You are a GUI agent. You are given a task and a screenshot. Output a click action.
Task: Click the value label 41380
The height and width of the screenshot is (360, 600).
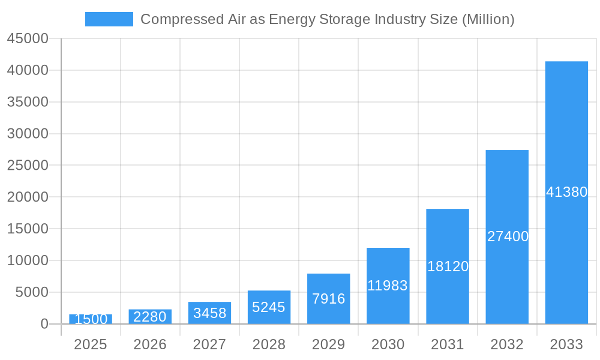pyautogui.click(x=566, y=192)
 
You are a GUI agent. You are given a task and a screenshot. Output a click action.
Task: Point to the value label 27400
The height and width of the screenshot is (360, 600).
pyautogui.click(x=508, y=236)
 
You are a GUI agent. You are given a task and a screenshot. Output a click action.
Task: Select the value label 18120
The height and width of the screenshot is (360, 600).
pyautogui.click(x=448, y=266)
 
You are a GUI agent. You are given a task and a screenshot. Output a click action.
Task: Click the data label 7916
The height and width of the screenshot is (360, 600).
pyautogui.click(x=329, y=299)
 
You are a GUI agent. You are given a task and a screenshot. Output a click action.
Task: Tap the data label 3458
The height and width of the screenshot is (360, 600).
pyautogui.click(x=209, y=313)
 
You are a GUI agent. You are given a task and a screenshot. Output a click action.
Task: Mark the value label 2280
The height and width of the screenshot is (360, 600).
pyautogui.click(x=150, y=316)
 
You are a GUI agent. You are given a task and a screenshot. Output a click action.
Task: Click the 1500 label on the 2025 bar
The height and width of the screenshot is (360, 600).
pyautogui.click(x=91, y=319)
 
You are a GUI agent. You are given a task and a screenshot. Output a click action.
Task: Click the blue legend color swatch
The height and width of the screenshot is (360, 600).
pyautogui.click(x=109, y=19)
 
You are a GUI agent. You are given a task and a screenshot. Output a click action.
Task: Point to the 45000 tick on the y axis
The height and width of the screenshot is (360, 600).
pyautogui.click(x=28, y=38)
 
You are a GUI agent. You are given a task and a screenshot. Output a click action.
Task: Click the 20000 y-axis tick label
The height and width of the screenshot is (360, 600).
pyautogui.click(x=28, y=197)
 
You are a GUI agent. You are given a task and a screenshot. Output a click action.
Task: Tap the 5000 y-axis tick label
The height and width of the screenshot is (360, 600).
pyautogui.click(x=31, y=292)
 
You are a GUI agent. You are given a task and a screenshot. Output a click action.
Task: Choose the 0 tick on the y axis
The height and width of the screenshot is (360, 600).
pyautogui.click(x=44, y=324)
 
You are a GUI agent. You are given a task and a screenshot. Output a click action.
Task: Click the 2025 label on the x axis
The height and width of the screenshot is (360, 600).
pyautogui.click(x=91, y=344)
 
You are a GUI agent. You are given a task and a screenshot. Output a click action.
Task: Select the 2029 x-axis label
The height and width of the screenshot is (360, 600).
pyautogui.click(x=329, y=344)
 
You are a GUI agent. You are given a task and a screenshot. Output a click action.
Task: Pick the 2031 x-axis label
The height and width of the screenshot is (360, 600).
pyautogui.click(x=448, y=344)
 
